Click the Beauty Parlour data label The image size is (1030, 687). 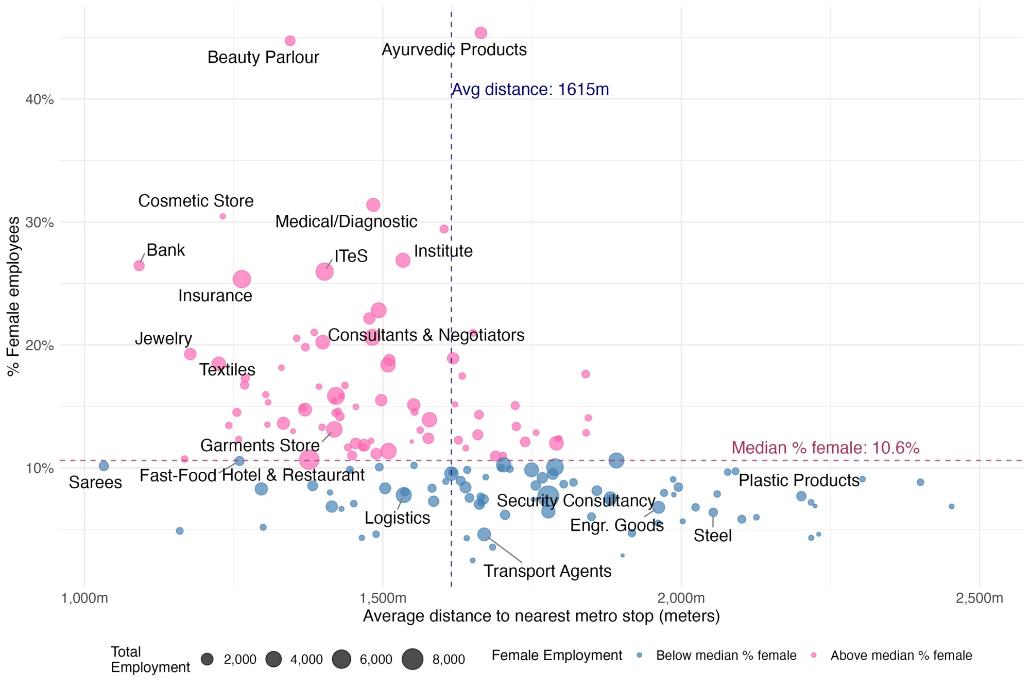coord(263,57)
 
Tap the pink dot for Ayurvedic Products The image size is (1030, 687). coord(480,33)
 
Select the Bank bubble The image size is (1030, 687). coord(139,266)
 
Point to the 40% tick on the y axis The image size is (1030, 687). coord(40,99)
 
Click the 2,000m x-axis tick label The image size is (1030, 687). coord(681,598)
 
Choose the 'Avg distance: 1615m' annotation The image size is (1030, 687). coord(530,90)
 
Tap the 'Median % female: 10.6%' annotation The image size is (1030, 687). coord(825,448)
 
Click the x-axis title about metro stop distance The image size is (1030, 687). coord(541,616)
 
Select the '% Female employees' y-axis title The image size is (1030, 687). coord(14,296)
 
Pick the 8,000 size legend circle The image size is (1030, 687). coord(413,659)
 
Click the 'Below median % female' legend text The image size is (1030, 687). coord(726,656)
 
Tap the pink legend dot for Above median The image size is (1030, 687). coord(814,655)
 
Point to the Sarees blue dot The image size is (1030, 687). coord(104,466)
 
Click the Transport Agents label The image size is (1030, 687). coord(547,571)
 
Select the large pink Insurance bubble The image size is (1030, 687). coord(242,279)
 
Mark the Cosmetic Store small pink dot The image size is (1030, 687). coord(222,217)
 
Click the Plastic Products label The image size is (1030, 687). coord(799,480)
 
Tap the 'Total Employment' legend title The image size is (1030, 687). coord(150,659)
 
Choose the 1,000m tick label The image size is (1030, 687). coord(84,598)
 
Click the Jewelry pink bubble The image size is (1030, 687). coord(190,354)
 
